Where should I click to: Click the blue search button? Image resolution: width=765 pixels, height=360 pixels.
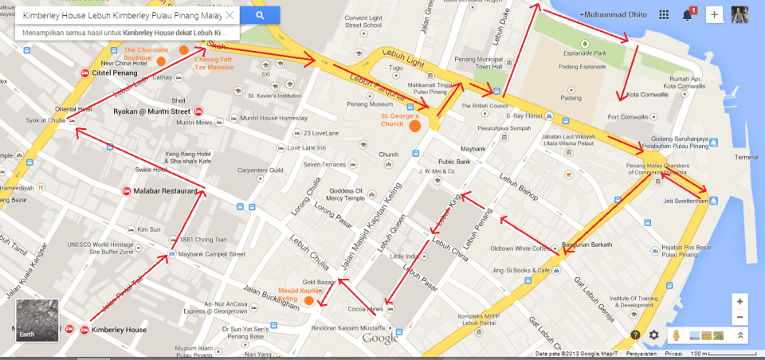260,15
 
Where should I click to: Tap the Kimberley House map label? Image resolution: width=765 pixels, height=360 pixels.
119,330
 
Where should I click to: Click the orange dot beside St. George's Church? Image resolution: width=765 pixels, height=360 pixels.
414,126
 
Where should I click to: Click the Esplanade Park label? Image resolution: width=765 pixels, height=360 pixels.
584,53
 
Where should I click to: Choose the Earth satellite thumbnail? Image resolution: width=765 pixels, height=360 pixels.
37,319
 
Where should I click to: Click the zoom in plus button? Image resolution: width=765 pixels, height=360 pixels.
740,302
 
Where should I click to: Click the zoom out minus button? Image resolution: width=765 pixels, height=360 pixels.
740,318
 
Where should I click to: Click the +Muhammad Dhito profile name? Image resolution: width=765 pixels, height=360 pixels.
614,15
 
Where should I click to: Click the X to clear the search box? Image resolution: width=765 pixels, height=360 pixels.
229,15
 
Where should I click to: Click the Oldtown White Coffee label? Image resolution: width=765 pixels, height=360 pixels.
520,248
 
